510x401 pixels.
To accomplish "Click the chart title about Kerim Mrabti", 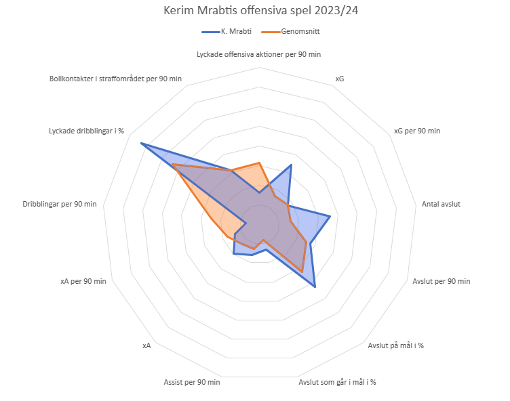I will [254, 12].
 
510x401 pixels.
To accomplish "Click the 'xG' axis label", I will [340, 79].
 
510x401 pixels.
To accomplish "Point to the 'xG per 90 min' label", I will [416, 131].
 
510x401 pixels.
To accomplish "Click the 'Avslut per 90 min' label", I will [441, 281].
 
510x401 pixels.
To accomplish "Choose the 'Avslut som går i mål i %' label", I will [337, 382].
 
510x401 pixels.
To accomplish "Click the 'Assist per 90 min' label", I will [191, 382].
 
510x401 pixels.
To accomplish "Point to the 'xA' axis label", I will [146, 345].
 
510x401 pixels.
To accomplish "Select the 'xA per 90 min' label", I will [83, 281].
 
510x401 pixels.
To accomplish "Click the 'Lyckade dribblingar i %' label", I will [87, 131].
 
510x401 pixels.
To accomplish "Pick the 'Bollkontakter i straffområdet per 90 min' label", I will [115, 79].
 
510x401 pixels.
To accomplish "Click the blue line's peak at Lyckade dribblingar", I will [141, 144].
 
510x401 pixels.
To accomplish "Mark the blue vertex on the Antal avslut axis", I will [330, 216].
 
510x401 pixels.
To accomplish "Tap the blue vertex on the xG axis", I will [292, 165].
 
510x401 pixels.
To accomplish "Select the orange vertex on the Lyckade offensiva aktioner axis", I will [259, 163].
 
